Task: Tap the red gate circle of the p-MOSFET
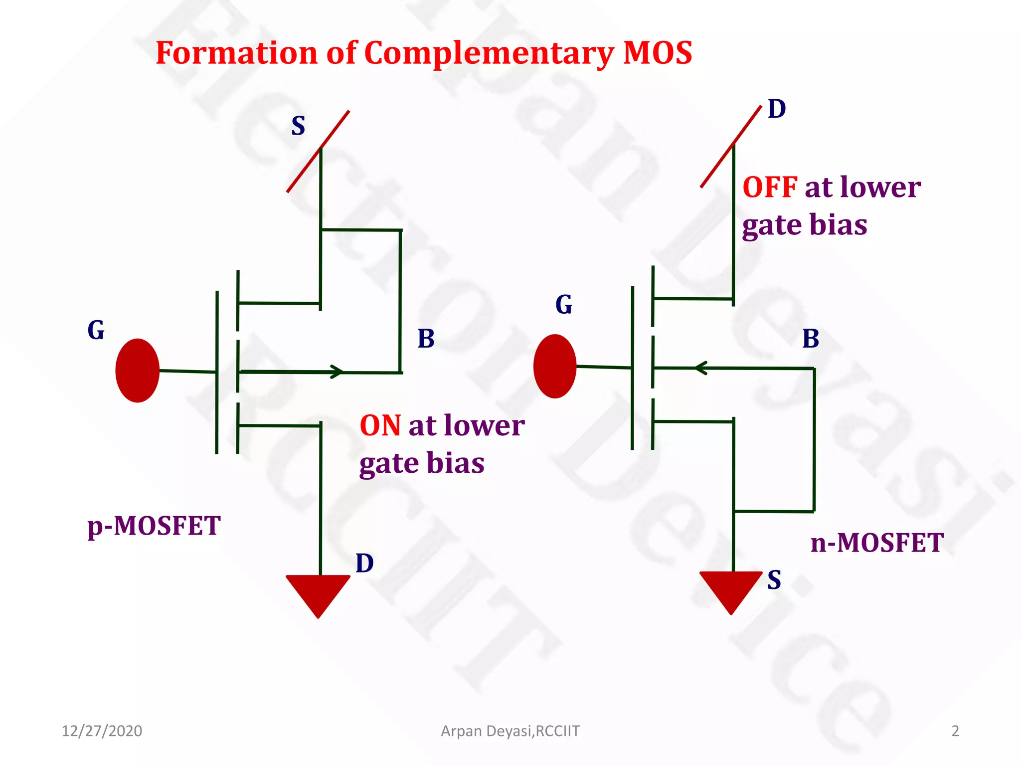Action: (137, 371)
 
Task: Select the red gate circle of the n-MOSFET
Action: (555, 366)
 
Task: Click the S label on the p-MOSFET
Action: (298, 126)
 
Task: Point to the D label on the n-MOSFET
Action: (777, 109)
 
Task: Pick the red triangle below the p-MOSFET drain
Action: (318, 594)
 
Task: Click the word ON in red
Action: (380, 426)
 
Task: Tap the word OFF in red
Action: (770, 188)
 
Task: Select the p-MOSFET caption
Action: (154, 526)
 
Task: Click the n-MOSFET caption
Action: (877, 543)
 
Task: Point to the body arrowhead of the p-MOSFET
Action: (338, 372)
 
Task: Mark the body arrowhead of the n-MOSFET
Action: (701, 368)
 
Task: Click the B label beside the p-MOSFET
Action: (426, 339)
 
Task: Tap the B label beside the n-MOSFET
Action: (811, 339)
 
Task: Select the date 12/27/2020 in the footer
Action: (102, 731)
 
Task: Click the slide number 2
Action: (955, 731)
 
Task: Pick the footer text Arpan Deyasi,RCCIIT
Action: (510, 731)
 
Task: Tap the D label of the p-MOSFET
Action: (364, 564)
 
